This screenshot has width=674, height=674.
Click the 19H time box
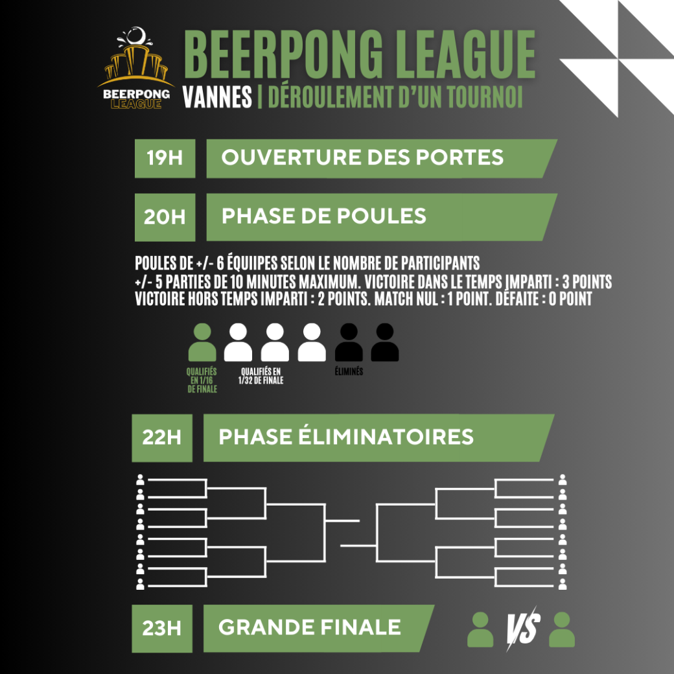[x=165, y=158]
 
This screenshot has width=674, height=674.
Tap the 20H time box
[x=165, y=217]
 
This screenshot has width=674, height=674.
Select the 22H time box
[x=161, y=438]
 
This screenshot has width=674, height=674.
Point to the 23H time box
[x=161, y=629]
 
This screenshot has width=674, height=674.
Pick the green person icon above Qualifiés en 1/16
[x=202, y=343]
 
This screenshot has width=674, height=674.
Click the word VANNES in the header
[x=217, y=97]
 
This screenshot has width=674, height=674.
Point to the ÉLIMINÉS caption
[x=349, y=371]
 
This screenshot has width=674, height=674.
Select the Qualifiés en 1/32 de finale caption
[x=261, y=376]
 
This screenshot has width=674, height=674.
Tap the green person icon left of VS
[x=480, y=629]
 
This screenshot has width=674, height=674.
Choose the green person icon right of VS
[x=562, y=629]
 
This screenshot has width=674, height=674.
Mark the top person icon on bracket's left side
[x=140, y=480]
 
